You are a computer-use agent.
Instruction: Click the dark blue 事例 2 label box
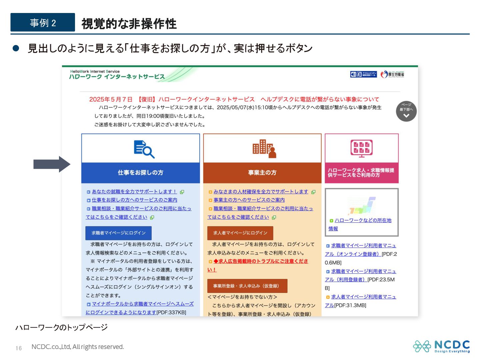point(43,23)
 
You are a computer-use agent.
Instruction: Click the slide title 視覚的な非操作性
point(129,24)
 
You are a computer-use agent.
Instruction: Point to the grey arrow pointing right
point(52,164)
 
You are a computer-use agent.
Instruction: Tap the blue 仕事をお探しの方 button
point(140,173)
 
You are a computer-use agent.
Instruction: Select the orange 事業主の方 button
point(262,173)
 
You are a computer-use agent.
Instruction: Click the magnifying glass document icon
point(144,149)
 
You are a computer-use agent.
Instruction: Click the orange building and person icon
point(264,149)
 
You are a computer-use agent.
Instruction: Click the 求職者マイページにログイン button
point(118,233)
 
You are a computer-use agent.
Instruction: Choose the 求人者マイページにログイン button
point(240,233)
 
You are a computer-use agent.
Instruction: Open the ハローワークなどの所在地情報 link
point(363,221)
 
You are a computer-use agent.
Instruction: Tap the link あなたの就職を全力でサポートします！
point(134,192)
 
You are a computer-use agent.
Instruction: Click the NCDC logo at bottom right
point(442,346)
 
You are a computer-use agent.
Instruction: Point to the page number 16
point(19,348)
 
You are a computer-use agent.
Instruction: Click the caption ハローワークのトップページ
point(61,327)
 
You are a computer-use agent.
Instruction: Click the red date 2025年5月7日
point(111,99)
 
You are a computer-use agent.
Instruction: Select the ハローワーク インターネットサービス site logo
point(117,75)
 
